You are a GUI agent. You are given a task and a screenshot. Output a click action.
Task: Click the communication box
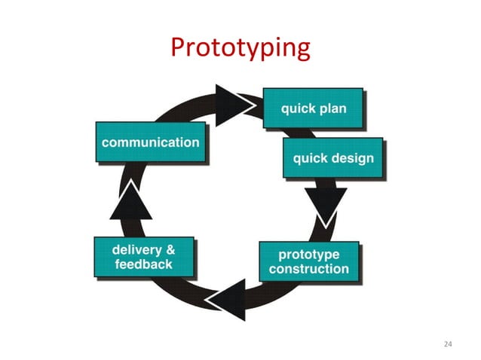coord(151,142)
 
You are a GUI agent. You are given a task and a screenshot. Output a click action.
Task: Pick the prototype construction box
coord(308,261)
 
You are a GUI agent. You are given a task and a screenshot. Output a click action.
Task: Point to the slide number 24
coord(449,344)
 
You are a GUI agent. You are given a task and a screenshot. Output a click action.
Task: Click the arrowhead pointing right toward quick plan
coord(231,99)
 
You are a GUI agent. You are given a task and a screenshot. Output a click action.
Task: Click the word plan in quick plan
coord(332,109)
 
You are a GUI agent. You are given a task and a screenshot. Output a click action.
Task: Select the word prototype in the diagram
coord(309,255)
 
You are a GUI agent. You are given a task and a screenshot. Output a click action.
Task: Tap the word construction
coord(309,269)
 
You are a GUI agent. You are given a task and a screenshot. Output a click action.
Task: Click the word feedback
coord(143,264)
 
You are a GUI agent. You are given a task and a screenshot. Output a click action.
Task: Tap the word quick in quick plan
coord(298,109)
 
